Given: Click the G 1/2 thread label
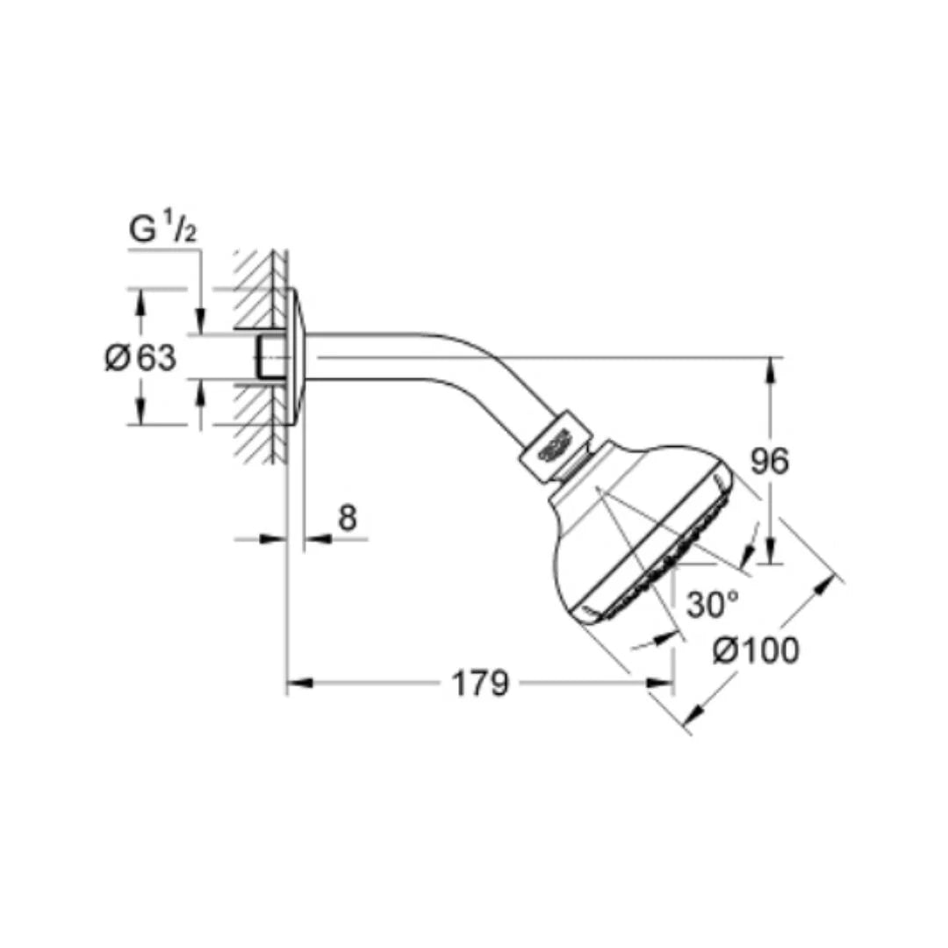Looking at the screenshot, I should click(162, 229).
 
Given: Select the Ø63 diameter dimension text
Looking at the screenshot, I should click(141, 358).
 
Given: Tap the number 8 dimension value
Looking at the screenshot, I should click(348, 519).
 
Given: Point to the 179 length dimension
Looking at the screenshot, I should click(480, 684).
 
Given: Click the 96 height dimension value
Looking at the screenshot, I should click(771, 461).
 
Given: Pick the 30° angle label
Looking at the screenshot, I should click(711, 604).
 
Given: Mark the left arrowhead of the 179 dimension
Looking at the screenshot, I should click(296, 683).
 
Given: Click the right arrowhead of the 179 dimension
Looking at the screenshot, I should click(664, 683).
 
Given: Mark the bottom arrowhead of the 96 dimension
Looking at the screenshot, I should click(770, 556).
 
